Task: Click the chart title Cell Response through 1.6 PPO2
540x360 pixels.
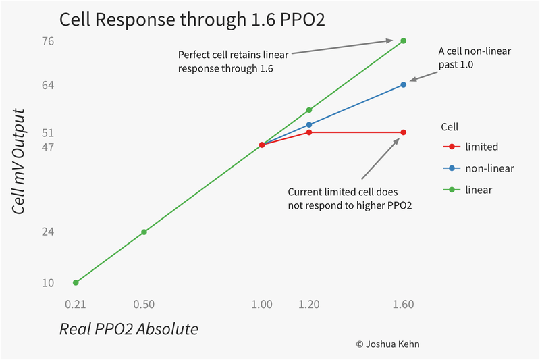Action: (x=192, y=20)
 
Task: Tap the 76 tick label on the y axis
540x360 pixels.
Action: (x=48, y=41)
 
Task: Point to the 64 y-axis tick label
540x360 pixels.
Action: (x=48, y=85)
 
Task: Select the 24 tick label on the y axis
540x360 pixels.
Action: (x=48, y=232)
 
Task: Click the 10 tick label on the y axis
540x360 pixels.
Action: (x=48, y=282)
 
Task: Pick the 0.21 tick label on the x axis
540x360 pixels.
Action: (x=76, y=305)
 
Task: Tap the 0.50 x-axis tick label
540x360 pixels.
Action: (x=144, y=305)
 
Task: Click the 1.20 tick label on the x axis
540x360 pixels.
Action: (x=308, y=305)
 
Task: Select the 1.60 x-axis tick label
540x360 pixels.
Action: (x=403, y=305)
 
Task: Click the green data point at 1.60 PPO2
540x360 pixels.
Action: (x=403, y=41)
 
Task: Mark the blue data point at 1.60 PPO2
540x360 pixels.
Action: (x=403, y=84)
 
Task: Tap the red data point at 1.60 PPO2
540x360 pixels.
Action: (x=403, y=132)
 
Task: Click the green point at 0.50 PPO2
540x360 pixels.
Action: (x=144, y=232)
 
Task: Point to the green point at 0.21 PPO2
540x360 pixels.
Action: (x=76, y=282)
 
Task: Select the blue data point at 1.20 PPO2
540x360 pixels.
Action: (x=309, y=124)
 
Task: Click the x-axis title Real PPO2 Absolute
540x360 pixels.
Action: (x=129, y=329)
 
